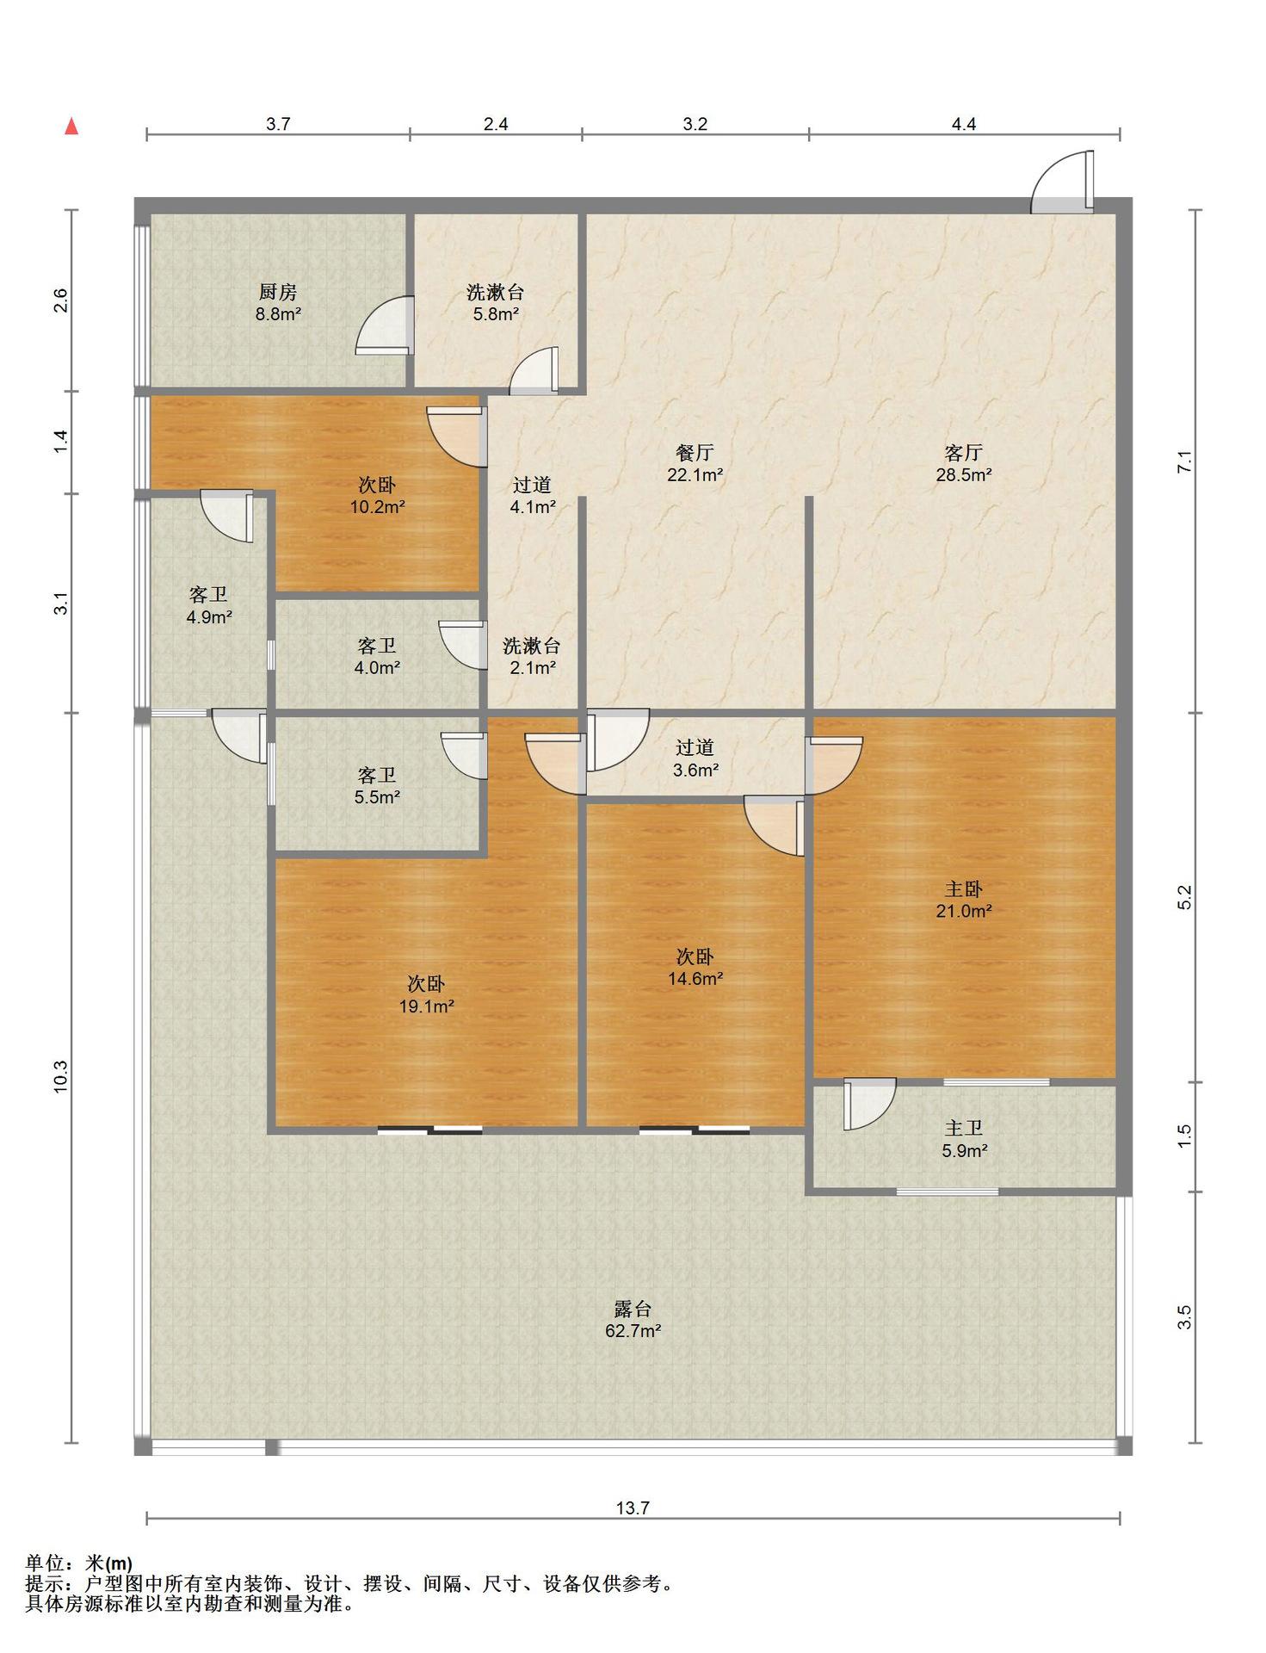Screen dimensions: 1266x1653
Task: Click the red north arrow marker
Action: pos(72,127)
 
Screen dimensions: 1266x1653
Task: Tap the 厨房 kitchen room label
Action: pos(278,293)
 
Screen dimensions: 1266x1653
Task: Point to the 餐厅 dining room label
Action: pos(695,453)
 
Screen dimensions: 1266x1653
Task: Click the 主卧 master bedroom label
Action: pos(964,888)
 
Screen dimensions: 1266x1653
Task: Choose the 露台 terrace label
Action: pos(633,1309)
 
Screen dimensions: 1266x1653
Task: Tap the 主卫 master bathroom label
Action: pos(964,1128)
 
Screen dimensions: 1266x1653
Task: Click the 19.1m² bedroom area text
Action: pos(426,1006)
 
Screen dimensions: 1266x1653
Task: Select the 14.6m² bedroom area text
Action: pos(695,978)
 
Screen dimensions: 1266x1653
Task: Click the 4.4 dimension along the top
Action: pos(964,124)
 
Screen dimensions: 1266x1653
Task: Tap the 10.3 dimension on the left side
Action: pos(60,1077)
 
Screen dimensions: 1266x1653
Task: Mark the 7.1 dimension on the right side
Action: pos(1185,461)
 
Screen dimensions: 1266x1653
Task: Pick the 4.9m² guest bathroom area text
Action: pos(209,616)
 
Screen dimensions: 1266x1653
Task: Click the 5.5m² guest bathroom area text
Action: pos(377,797)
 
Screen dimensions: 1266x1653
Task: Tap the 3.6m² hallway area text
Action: pos(695,770)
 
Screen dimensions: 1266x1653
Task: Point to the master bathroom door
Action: pos(869,1104)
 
